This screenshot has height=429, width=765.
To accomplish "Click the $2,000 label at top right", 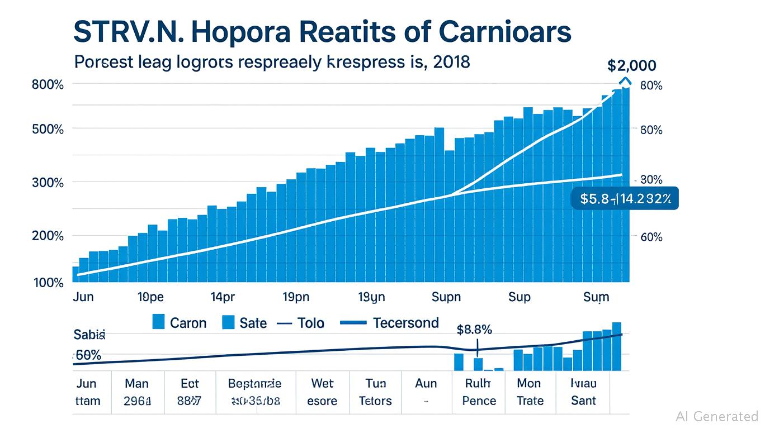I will coord(631,65).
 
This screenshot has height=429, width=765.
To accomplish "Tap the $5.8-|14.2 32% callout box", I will coord(625,198).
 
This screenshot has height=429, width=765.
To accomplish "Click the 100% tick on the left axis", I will coord(49,283).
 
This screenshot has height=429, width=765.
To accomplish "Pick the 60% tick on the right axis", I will coord(650,237).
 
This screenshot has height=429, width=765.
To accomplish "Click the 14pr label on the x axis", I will coord(223,297).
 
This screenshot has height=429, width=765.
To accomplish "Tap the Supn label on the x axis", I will coord(446,297).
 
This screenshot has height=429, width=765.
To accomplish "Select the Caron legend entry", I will coord(180,322).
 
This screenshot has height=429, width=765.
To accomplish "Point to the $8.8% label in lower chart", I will coord(474,330).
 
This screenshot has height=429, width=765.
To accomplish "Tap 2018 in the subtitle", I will coord(451,61).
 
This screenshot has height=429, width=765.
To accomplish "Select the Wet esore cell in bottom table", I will coord(323,392).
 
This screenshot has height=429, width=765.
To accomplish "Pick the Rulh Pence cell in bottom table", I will coord(479,392).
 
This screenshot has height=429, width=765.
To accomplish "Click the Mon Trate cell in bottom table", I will coord(529,392).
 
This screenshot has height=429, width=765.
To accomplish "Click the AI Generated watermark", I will coord(716,416).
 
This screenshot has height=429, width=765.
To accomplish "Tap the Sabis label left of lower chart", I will coord(89,335).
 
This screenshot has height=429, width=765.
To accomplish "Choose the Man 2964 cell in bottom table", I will coord(137,392).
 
